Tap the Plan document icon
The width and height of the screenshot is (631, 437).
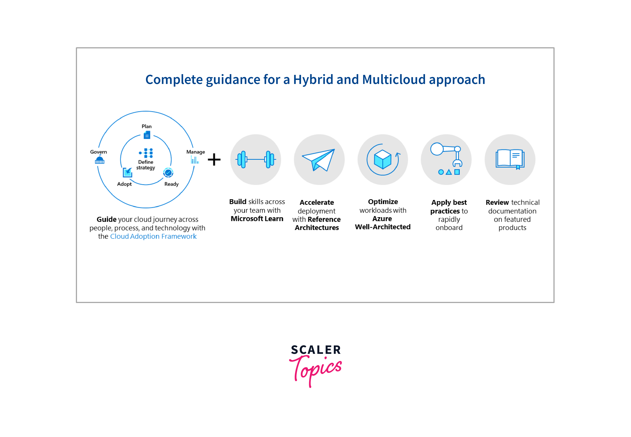point(147,135)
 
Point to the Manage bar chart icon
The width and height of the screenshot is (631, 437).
point(195,160)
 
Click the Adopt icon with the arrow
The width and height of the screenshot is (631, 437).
point(127,172)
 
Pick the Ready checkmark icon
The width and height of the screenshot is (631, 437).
point(168,173)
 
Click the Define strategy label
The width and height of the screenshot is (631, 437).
point(146,165)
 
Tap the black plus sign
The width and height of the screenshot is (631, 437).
point(214,159)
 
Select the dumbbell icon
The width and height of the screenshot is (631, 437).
point(255,159)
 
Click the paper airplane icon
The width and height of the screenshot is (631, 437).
point(319,160)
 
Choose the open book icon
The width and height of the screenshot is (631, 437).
point(510,159)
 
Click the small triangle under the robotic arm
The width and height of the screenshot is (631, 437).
point(449,172)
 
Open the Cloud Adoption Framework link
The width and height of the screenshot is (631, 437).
point(153,236)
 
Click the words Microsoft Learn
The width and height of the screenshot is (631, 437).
point(257,219)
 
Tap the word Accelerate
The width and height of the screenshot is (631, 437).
point(317,202)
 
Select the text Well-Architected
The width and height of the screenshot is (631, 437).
point(383,227)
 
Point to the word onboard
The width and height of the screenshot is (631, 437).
point(449,228)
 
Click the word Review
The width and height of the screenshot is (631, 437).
point(497,202)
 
